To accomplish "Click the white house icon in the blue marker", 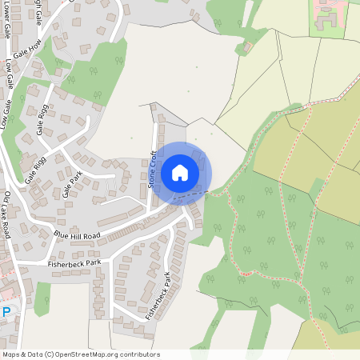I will tap(180, 172).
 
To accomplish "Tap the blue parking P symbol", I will tap(6, 311).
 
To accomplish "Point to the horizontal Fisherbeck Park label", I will tap(74, 262).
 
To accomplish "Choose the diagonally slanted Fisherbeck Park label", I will tap(158, 296).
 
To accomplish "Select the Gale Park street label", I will tap(73, 189).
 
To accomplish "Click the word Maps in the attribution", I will tap(12, 354).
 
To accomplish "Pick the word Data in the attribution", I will tap(35, 354).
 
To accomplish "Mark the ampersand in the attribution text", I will tap(24, 354).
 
